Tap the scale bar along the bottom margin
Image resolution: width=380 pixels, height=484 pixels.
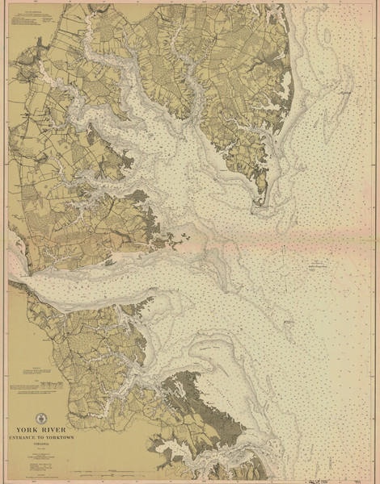pyautogui.click(x=121, y=473)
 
